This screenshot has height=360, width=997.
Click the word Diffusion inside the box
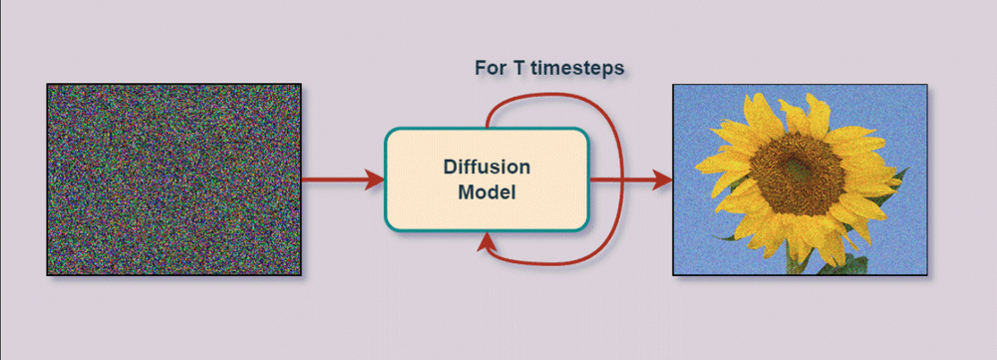[x=487, y=166]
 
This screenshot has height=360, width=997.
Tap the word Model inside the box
[x=487, y=192]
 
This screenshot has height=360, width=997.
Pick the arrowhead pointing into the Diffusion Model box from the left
[x=376, y=180]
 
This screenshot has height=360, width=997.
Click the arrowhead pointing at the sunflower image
[x=662, y=180]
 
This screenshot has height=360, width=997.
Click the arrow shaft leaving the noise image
[x=334, y=180]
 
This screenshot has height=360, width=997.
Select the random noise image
[x=173, y=180]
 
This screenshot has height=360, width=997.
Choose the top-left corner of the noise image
[x=48, y=85]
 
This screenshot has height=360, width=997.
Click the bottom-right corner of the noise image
[x=300, y=274]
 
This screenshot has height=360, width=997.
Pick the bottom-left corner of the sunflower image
[x=673, y=274]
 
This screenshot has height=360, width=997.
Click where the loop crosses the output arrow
[x=623, y=180]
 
